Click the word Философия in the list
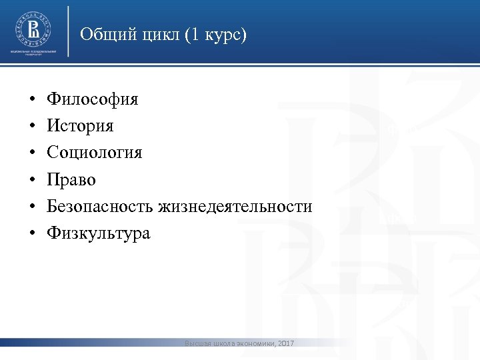pyautogui.click(x=93, y=100)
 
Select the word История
pyautogui.click(x=80, y=127)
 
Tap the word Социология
pyautogui.click(x=94, y=153)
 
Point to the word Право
pyautogui.click(x=71, y=180)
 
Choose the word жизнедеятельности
pyautogui.click(x=235, y=207)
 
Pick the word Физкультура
pyautogui.click(x=99, y=233)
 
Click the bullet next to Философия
pyautogui.click(x=32, y=101)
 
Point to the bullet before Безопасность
pyautogui.click(x=32, y=207)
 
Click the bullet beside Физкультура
pyautogui.click(x=32, y=234)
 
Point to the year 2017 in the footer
pyautogui.click(x=285, y=343)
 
